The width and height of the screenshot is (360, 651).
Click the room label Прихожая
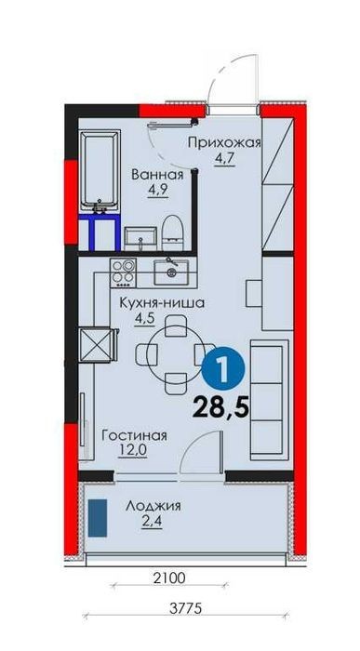click(224, 143)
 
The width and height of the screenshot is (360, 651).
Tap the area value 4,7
click(224, 159)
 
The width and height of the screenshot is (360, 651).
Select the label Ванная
click(157, 175)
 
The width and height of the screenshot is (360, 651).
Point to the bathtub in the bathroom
click(100, 171)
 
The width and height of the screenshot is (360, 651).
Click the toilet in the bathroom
click(172, 232)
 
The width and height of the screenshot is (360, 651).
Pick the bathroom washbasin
click(140, 239)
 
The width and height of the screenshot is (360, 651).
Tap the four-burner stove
click(124, 272)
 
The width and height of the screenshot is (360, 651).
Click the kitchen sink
click(171, 272)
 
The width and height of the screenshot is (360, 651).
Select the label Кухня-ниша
click(162, 303)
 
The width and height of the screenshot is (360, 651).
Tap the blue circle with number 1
click(223, 366)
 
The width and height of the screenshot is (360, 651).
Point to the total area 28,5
click(220, 407)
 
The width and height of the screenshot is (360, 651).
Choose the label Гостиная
click(135, 436)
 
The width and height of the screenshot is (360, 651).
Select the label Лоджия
click(153, 507)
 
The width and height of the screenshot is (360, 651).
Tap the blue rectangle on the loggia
click(98, 518)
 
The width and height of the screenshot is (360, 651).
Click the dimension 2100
click(169, 578)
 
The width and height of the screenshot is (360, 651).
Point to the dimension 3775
click(186, 608)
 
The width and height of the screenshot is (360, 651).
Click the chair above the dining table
click(175, 325)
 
